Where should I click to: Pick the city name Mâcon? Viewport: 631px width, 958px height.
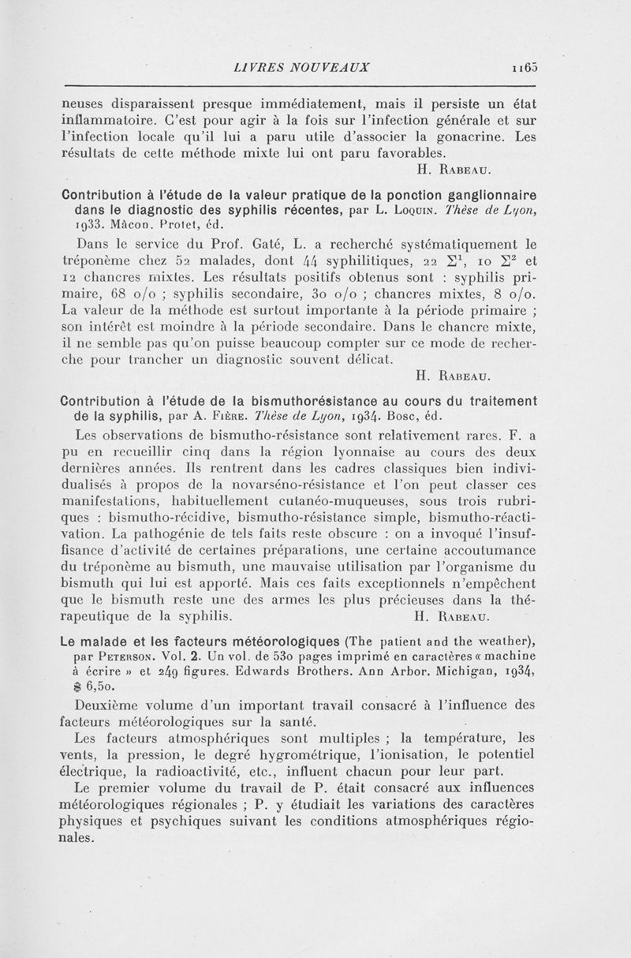point(129,223)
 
